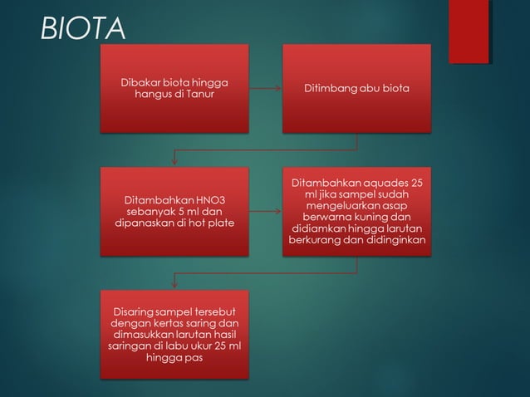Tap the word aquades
(x=386, y=183)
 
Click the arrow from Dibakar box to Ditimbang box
(x=265, y=88)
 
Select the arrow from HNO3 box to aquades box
(x=265, y=212)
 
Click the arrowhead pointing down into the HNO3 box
(x=174, y=161)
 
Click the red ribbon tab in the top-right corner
(x=469, y=32)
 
